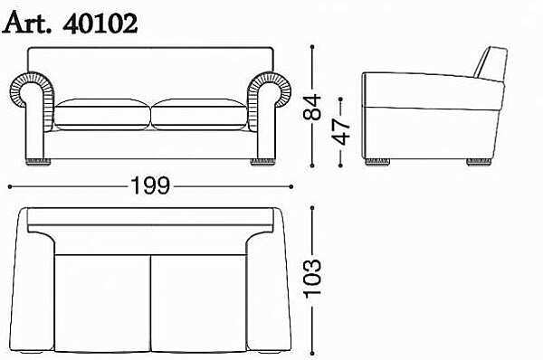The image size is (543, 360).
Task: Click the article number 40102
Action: coord(100,24)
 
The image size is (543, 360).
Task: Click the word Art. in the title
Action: coord(26,23)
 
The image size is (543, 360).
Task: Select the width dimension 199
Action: coord(150,186)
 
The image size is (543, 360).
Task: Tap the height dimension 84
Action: coord(312,107)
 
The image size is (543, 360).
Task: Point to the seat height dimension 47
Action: coord(341,132)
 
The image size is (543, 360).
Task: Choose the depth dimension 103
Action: coord(312,278)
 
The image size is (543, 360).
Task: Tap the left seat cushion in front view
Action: coord(102,114)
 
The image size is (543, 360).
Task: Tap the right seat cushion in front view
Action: coord(199,114)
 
